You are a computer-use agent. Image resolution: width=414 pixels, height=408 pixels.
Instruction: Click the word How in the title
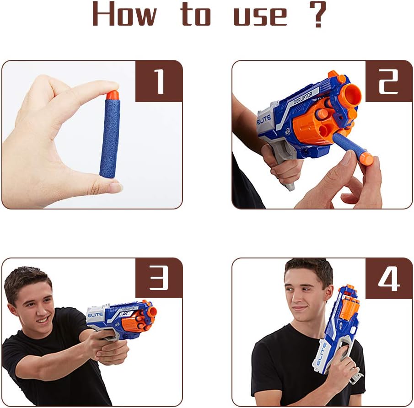pyautogui.click(x=124, y=14)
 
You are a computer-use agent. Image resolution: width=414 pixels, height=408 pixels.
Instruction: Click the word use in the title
pyautogui.click(x=260, y=16)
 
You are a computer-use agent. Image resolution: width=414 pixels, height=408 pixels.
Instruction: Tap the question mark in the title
pyautogui.click(x=318, y=14)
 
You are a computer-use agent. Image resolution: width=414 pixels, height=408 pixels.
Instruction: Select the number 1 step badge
pyautogui.click(x=159, y=81)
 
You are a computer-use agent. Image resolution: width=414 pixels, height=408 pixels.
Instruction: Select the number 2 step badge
pyautogui.click(x=389, y=81)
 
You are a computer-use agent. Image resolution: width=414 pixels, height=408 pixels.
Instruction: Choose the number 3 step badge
pyautogui.click(x=159, y=278)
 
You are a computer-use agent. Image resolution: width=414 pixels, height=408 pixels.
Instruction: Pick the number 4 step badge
pyautogui.click(x=389, y=279)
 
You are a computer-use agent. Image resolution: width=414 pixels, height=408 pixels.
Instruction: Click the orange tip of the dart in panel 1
pyautogui.click(x=113, y=95)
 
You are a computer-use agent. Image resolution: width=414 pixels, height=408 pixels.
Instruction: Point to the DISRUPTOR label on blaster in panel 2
pyautogui.click(x=303, y=98)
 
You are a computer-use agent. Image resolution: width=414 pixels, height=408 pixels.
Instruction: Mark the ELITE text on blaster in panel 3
pyautogui.click(x=95, y=315)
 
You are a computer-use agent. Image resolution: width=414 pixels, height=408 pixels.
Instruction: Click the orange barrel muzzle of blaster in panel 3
pyautogui.click(x=152, y=312)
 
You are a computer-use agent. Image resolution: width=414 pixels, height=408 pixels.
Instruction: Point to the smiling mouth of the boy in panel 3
pyautogui.click(x=43, y=320)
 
